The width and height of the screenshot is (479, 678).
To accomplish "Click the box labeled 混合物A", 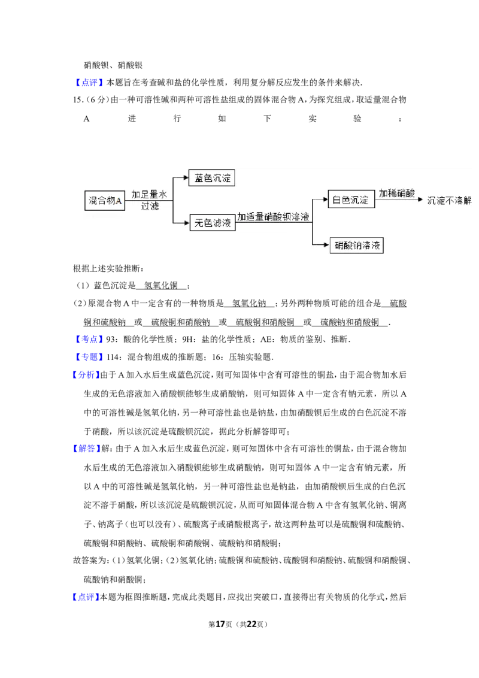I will [x=105, y=201].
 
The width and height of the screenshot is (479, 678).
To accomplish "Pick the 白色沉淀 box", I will [x=351, y=199].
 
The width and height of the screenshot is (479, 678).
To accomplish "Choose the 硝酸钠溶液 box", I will [x=356, y=245].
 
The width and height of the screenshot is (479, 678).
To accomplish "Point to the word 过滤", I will [x=150, y=207].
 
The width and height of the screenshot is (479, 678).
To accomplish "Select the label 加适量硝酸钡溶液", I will [x=273, y=217].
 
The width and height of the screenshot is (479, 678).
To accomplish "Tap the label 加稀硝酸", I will [x=396, y=193].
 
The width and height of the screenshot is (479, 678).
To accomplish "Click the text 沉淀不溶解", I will [x=450, y=200].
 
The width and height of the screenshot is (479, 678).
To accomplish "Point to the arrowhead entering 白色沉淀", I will [x=325, y=199].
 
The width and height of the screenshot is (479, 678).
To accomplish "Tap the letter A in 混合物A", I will [x=119, y=201].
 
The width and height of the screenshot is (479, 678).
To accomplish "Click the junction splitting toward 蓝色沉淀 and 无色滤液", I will [x=172, y=201].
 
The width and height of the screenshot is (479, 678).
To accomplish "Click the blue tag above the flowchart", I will [x=90, y=83].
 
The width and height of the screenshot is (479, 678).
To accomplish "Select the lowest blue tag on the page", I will [x=86, y=597].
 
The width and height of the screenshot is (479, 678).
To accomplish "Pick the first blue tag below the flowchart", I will [x=90, y=340].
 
